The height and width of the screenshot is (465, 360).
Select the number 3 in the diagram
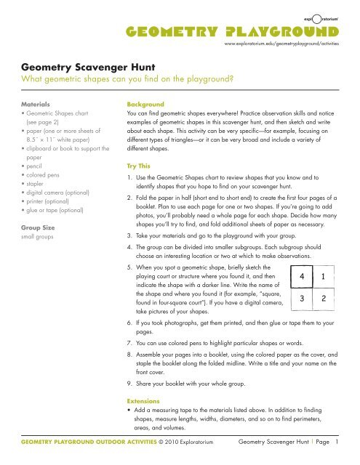tap(303, 298)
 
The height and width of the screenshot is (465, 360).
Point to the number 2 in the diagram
tap(323, 298)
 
